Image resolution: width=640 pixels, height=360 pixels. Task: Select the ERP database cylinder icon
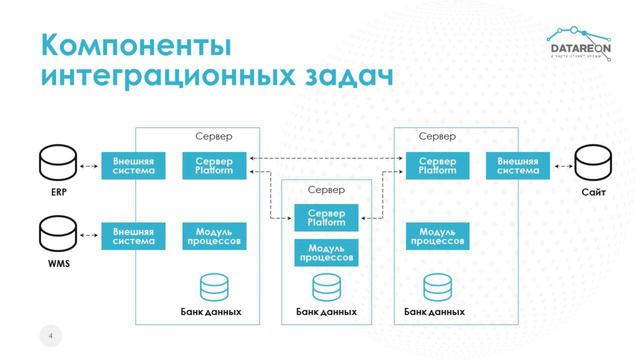coord(50,162)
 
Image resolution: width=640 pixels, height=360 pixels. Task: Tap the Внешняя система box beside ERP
coord(133,165)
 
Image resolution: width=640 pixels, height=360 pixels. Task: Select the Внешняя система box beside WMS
coord(133,236)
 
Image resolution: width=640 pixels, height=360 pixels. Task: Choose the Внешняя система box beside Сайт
coord(517,165)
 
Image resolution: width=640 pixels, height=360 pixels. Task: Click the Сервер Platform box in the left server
coord(213,165)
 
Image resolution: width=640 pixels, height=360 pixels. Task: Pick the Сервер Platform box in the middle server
coord(326,217)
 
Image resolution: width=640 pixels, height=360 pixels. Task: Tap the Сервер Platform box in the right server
coord(437,165)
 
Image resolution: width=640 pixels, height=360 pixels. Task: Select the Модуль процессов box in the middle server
coord(326,252)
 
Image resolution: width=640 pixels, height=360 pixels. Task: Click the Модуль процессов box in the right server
coord(437,236)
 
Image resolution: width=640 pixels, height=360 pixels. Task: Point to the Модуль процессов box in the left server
coord(213,236)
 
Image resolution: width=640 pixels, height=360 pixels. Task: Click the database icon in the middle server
coord(326,288)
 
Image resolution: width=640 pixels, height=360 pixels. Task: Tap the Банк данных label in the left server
coord(211,312)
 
